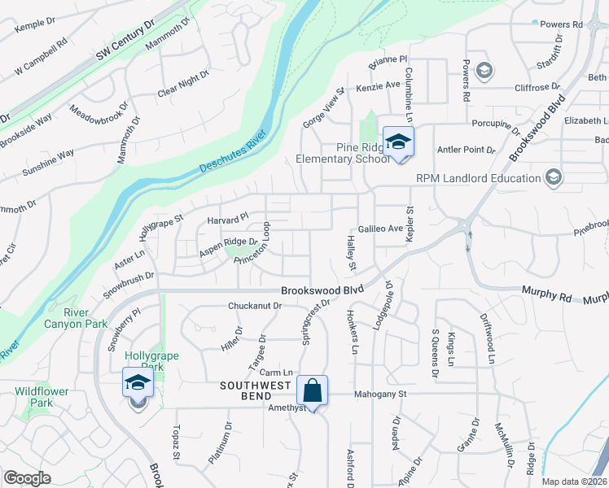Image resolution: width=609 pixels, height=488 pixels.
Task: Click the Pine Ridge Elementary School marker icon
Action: tap(398, 143)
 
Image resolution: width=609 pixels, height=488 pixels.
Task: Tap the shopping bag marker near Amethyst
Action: tap(312, 391)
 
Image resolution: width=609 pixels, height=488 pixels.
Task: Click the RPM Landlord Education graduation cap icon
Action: tap(554, 177)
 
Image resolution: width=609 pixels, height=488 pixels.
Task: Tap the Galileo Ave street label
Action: tap(380, 229)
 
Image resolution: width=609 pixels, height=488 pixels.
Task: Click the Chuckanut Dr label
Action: tap(255, 306)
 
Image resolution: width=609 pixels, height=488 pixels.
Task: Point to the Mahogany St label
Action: tap(379, 394)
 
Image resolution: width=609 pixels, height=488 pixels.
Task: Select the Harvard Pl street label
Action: tap(227, 220)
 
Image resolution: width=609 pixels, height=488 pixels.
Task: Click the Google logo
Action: tap(27, 478)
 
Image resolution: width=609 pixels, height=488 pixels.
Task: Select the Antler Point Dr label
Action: tap(467, 150)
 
